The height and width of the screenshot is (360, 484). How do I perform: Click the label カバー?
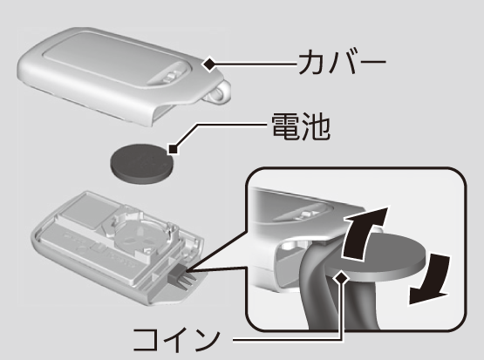(x=343, y=63)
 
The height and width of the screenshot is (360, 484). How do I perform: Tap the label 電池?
(x=301, y=126)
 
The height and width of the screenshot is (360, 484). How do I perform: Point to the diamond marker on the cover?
(x=210, y=65)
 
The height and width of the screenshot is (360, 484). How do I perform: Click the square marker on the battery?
(x=174, y=149)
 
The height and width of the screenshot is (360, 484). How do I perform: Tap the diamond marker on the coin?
(x=341, y=277)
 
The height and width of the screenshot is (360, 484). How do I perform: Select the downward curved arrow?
(x=429, y=279)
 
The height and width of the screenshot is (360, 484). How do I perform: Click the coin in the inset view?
(x=378, y=257)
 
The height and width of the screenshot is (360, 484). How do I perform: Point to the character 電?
(x=285, y=126)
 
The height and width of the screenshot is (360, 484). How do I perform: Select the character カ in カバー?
(x=311, y=63)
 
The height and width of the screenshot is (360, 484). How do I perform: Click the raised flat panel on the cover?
(x=117, y=62)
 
